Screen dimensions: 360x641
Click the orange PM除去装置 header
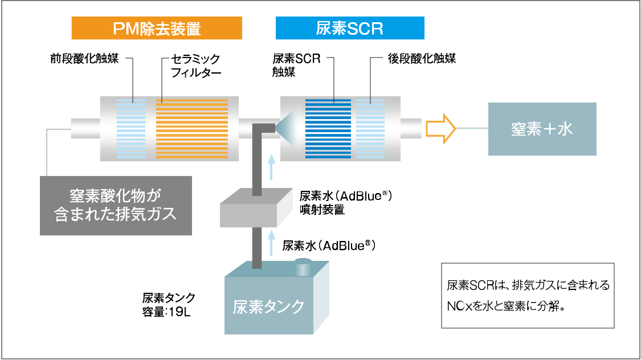tap(157, 28)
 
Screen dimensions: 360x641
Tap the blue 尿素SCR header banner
tap(349, 28)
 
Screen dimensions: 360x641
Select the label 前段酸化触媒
tap(84, 59)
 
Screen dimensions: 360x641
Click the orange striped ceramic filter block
tap(192, 128)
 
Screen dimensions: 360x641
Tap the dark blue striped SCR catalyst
tap(328, 128)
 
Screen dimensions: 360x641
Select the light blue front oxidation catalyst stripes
tap(131, 128)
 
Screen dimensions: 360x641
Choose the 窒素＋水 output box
tap(542, 129)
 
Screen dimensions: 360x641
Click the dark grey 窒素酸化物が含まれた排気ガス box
tap(116, 205)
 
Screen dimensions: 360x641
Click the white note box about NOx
tap(528, 295)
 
